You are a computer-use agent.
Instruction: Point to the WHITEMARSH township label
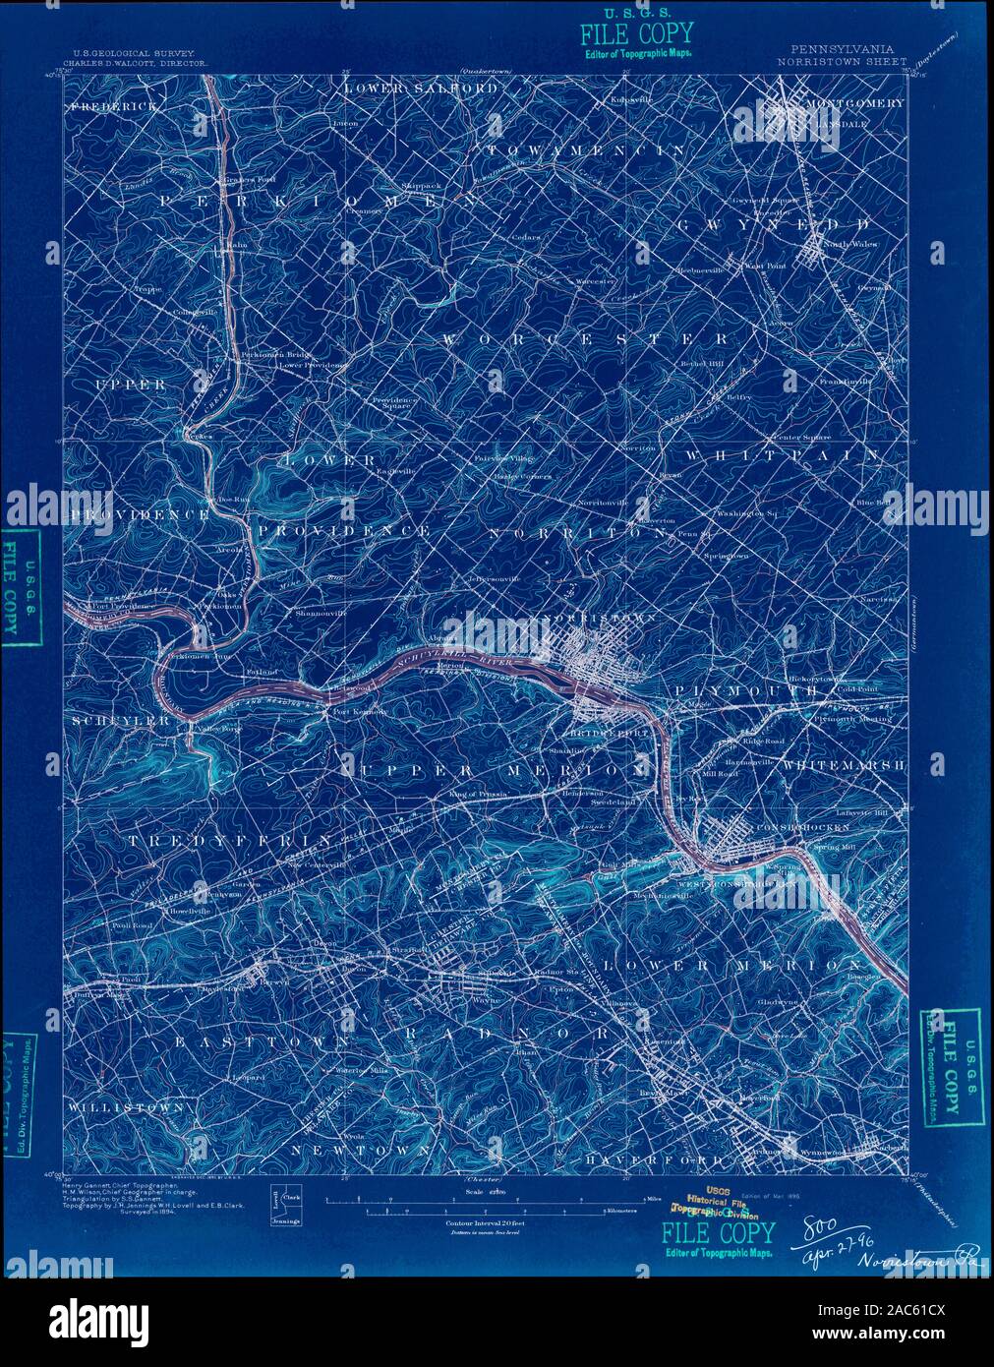tap(845, 763)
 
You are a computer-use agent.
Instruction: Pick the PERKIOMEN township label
tap(306, 200)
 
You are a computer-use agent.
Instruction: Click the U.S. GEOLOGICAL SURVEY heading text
tap(134, 53)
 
